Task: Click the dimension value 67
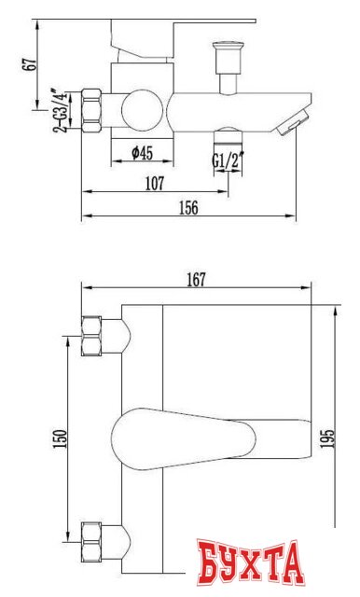click(31, 64)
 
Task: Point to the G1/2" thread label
click(225, 160)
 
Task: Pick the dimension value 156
click(187, 208)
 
